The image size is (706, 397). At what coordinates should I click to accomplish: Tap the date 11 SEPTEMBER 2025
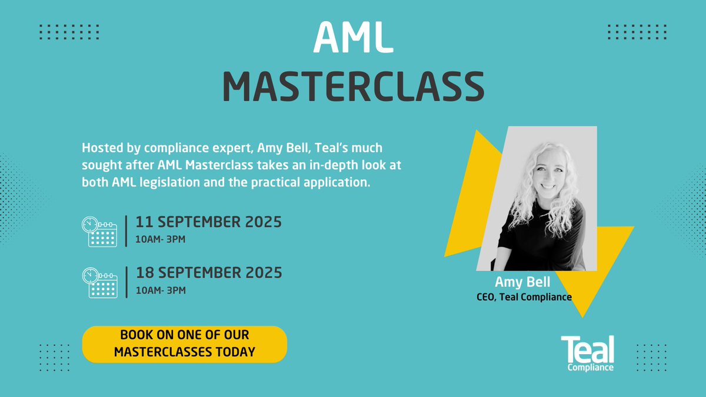tap(209, 222)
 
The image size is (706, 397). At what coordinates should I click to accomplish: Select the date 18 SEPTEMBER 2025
tap(209, 273)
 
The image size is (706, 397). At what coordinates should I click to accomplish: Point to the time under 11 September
tap(161, 239)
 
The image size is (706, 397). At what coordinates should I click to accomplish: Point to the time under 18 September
tap(161, 290)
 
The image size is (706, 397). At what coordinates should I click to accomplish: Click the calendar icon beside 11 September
tap(99, 231)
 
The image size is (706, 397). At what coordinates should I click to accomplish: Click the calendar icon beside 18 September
tap(99, 282)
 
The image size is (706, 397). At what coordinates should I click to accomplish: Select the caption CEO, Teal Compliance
tap(524, 297)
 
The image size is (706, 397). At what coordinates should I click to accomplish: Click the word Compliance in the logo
tap(591, 368)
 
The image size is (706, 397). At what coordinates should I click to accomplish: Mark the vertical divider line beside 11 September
tap(127, 231)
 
